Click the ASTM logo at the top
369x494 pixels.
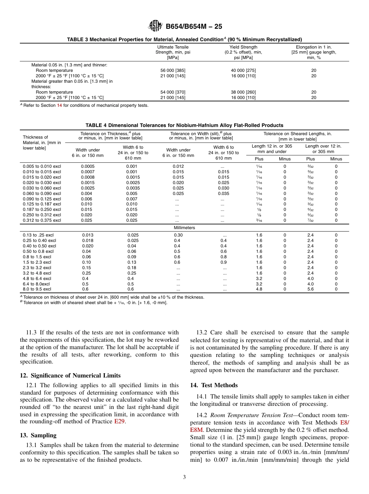tap(155, 26)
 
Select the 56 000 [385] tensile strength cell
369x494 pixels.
tap(173, 70)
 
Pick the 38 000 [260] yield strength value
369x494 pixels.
tap(243, 92)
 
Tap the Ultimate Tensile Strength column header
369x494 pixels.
tap(173, 52)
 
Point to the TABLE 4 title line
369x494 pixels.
tap(184, 125)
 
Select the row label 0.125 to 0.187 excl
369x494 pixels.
tap(42, 204)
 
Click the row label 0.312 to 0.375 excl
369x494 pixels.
tap(42, 220)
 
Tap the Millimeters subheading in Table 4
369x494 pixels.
tap(184, 228)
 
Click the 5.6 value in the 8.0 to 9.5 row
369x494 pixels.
tap(310, 289)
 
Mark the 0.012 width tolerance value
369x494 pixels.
tap(178, 166)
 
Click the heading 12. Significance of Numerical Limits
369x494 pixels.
tap(70, 376)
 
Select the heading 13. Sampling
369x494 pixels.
tap(38, 435)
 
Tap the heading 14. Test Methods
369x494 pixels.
tap(214, 385)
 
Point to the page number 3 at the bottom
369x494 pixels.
tap(184, 477)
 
